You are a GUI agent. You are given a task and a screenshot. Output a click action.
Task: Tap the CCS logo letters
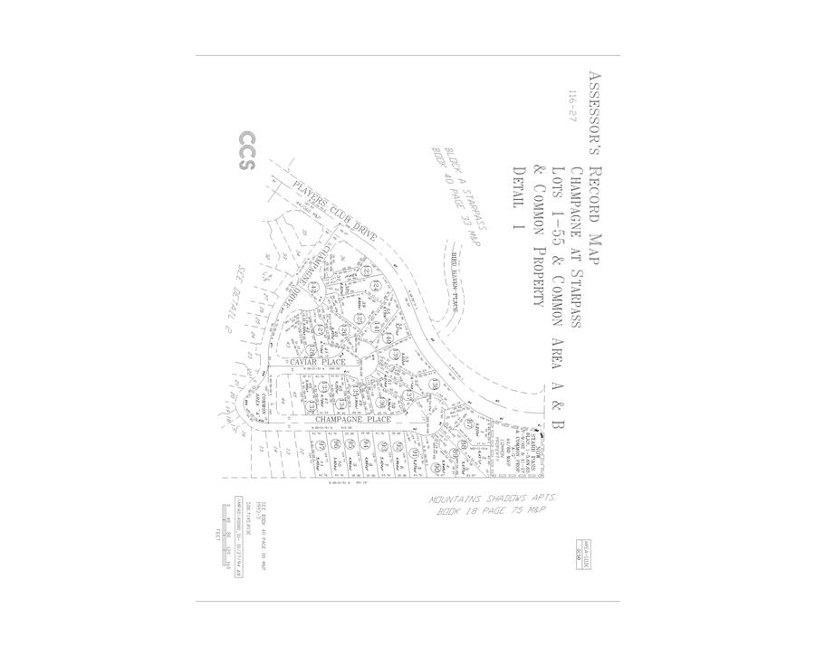click(x=246, y=152)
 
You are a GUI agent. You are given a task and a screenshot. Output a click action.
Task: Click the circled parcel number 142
click(x=314, y=287)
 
